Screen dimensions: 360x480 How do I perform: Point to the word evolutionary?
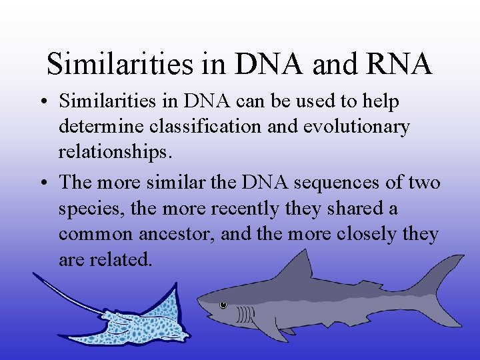pos(357,127)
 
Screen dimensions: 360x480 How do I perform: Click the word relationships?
pos(115,153)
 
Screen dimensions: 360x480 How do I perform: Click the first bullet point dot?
pos(43,102)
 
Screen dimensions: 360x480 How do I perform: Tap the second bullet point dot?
pos(43,183)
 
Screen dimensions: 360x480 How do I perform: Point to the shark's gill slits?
pos(245,314)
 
